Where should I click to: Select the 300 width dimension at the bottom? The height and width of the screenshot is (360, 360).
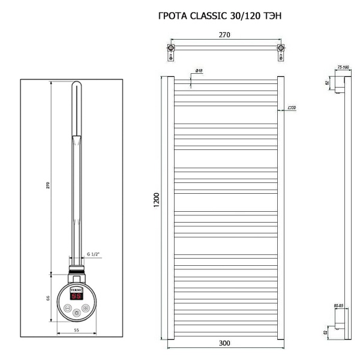click(x=224, y=343)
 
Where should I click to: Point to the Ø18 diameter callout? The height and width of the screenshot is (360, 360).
click(x=199, y=71)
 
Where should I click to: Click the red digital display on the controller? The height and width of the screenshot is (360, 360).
click(x=77, y=296)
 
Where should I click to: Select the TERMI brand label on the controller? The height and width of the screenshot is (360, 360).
click(x=77, y=289)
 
